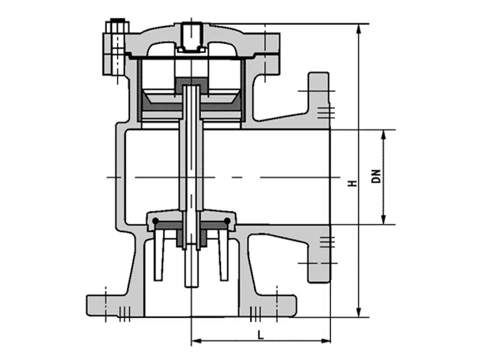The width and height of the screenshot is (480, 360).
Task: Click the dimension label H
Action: (x=353, y=183)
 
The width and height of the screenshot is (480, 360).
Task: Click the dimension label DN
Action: (x=376, y=176)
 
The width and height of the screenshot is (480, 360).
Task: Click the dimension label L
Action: (x=261, y=335)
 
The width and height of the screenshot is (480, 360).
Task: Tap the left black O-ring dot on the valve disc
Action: (x=156, y=221)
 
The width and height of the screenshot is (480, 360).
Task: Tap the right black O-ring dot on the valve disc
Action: (x=227, y=221)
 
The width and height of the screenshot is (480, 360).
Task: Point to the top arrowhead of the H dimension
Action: (x=359, y=28)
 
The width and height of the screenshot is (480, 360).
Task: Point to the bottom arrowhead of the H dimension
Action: (x=359, y=312)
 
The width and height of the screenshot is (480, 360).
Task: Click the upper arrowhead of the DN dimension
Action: (x=383, y=135)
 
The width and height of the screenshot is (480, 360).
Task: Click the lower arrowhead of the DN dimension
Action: (x=383, y=219)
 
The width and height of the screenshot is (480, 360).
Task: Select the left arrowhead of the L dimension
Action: (x=196, y=341)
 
